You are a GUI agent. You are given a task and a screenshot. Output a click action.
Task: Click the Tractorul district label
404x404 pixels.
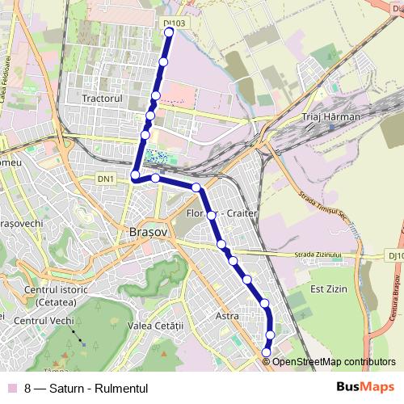[101, 98]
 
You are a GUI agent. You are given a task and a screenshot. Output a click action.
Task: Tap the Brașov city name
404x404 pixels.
[148, 231]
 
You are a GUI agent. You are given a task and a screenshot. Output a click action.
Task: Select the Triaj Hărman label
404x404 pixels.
[330, 117]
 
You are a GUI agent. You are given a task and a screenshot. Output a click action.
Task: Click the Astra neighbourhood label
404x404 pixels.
[228, 317]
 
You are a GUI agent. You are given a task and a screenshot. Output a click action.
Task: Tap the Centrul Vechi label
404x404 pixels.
[49, 322]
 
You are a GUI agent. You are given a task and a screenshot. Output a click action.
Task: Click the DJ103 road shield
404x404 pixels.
[174, 23]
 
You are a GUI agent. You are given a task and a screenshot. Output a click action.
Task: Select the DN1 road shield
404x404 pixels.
[106, 178]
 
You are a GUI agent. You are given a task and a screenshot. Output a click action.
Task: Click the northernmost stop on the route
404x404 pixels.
[169, 32]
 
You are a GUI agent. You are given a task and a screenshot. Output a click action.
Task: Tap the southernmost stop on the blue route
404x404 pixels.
[267, 351]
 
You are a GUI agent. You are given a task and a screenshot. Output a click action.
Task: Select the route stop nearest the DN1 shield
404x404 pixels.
[135, 176]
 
